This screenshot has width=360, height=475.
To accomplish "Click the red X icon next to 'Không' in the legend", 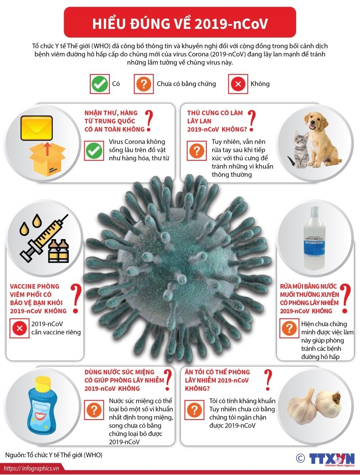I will click(238, 84).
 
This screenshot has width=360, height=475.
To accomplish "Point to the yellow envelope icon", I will click(36, 128).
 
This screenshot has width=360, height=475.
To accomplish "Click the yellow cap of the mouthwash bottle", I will click(43, 383).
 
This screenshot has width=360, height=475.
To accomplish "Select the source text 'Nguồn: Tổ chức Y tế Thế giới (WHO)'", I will click(54, 455).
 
